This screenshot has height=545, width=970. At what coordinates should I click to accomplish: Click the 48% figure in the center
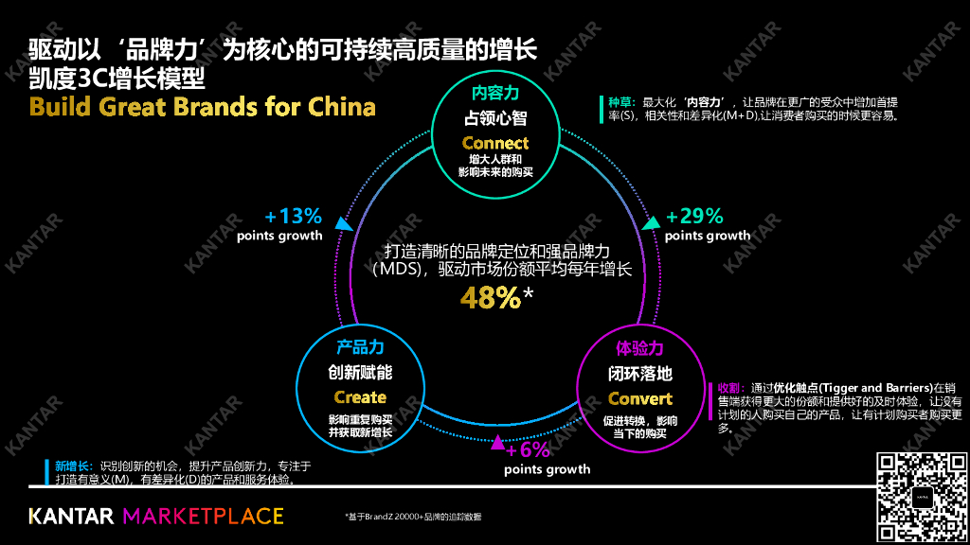[x=491, y=298]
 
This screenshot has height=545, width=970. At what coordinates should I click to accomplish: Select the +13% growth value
[x=293, y=215]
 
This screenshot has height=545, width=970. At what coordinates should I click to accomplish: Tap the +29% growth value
[x=694, y=215]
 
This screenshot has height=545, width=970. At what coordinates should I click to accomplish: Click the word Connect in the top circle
[x=495, y=143]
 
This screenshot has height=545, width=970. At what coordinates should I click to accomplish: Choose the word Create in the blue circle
[x=360, y=397]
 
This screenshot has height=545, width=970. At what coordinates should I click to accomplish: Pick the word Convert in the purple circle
[x=640, y=398]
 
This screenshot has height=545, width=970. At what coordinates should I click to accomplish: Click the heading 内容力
[x=495, y=94]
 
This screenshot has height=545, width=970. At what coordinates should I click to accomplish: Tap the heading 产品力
[x=360, y=347]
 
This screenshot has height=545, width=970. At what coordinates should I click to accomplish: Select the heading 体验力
[x=640, y=348]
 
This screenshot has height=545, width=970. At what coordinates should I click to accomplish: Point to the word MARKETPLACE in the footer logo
[x=204, y=516]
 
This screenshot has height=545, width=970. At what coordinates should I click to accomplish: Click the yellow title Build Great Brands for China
[x=203, y=106]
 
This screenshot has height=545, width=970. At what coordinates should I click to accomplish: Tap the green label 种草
[x=621, y=101]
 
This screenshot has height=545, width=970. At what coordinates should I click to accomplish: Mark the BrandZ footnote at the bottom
[x=413, y=517]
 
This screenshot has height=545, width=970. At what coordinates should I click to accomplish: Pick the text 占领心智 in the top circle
[x=495, y=119]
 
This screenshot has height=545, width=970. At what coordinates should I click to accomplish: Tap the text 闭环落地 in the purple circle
[x=640, y=374]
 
